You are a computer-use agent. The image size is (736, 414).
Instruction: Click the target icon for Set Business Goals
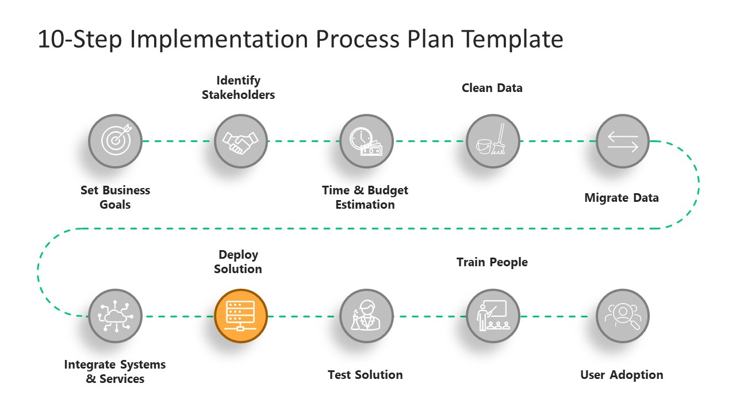[115, 141]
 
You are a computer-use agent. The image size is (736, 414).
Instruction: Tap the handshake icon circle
[241, 141]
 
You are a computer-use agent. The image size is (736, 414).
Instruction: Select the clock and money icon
[366, 141]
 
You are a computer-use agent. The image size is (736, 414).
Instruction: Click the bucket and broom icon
[492, 141]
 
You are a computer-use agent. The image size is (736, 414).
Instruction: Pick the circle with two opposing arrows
[622, 141]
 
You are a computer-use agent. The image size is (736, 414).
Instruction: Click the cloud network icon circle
[115, 316]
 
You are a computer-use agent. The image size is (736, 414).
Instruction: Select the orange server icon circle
[241, 316]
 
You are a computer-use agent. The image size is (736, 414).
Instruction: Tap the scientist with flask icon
[366, 316]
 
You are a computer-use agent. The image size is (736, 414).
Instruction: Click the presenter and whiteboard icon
[492, 316]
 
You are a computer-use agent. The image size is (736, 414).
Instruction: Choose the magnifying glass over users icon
[622, 316]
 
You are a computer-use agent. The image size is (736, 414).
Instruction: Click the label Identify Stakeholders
[238, 88]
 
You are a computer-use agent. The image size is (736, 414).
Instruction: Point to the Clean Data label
[492, 88]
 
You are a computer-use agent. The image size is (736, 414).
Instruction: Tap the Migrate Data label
[622, 198]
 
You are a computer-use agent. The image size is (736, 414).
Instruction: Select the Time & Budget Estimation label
[365, 197]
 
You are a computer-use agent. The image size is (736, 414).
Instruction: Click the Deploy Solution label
[238, 262]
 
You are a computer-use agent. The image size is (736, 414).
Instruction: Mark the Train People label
[492, 262]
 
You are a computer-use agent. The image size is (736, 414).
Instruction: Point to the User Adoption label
[622, 375]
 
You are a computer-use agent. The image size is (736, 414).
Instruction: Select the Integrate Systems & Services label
[115, 371]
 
